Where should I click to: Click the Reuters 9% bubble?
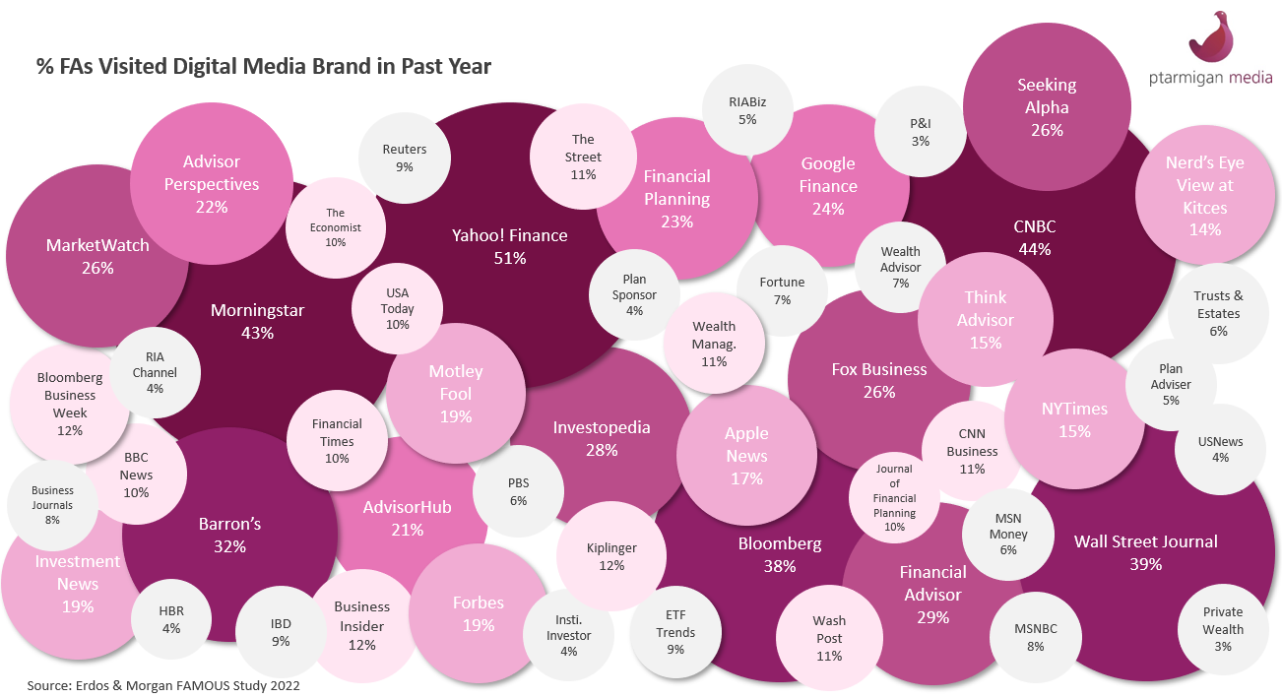(x=405, y=158)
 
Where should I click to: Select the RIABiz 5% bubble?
(x=748, y=109)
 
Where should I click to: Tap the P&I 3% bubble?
(x=920, y=132)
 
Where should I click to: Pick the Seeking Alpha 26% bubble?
(x=1047, y=106)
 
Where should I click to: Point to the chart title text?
(x=263, y=66)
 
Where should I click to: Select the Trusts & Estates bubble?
(x=1218, y=313)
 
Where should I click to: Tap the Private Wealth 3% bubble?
(x=1223, y=628)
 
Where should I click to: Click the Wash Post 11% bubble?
(x=829, y=638)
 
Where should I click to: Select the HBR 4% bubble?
(x=171, y=619)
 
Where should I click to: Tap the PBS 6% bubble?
(x=519, y=491)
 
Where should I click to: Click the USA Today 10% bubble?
(x=398, y=307)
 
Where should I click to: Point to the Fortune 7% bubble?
(x=782, y=290)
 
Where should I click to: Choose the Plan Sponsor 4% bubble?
(x=635, y=294)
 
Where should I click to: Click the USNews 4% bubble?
(x=1221, y=449)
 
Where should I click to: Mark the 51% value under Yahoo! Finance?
(x=510, y=258)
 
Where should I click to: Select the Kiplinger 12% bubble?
(x=611, y=556)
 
